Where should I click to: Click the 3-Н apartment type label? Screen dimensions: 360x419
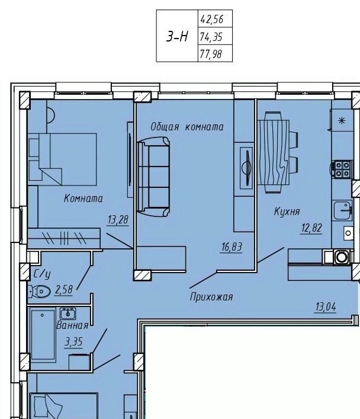(177, 36)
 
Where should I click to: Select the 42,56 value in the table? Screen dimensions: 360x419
(212, 19)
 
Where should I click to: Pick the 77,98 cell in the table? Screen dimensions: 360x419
(211, 54)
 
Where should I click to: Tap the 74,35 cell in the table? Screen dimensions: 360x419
(211, 37)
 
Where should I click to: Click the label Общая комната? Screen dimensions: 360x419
(187, 127)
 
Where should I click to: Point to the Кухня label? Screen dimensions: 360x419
(287, 212)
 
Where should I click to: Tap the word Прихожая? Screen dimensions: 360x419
(211, 296)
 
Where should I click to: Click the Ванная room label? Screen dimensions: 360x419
(72, 325)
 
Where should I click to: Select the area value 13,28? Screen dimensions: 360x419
(118, 220)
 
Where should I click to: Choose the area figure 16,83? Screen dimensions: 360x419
(232, 247)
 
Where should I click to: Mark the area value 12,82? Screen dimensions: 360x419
(311, 228)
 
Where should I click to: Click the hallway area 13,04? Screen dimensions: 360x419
(326, 306)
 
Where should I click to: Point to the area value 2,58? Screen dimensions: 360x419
(63, 289)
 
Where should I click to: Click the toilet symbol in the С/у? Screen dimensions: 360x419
(39, 292)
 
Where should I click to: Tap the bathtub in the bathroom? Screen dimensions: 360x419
(43, 335)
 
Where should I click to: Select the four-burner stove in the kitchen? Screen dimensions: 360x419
(342, 169)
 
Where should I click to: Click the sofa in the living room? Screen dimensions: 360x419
(153, 177)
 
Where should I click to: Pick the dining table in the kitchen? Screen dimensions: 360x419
(273, 152)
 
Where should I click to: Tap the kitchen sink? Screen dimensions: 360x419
(342, 210)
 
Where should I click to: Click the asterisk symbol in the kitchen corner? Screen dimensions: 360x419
(342, 120)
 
